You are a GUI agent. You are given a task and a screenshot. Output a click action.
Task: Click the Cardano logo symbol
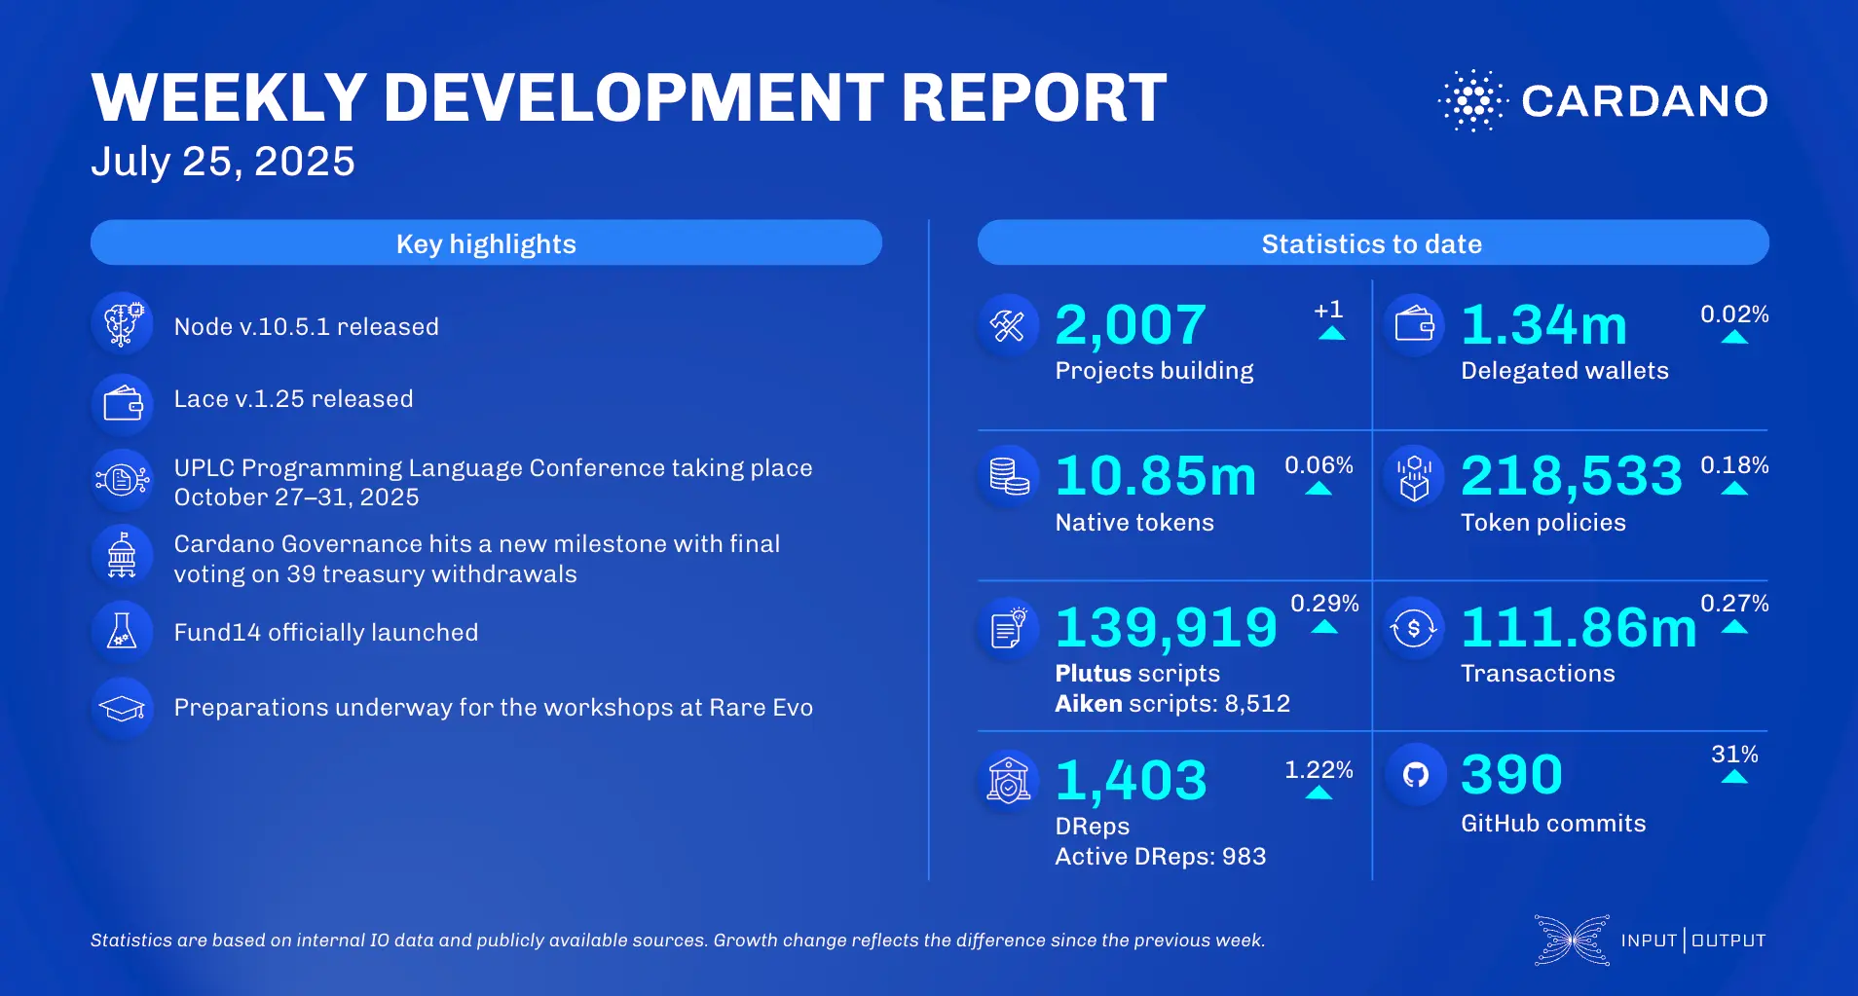[x=1472, y=100]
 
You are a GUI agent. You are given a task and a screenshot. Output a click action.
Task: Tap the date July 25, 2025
[x=223, y=162]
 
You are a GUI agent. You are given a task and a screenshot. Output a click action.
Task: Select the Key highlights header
[x=486, y=243]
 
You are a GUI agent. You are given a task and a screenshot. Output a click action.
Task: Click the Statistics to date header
[x=1372, y=243]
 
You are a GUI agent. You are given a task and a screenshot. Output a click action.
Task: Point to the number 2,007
[x=1131, y=325]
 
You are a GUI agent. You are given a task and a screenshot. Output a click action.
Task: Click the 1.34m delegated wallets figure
[x=1543, y=325]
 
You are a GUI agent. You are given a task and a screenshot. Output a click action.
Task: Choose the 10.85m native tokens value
[x=1156, y=476]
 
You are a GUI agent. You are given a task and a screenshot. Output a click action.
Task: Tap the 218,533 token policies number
[x=1571, y=476]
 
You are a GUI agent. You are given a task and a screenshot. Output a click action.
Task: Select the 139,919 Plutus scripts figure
[x=1166, y=627]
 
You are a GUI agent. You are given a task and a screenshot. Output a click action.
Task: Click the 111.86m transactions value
[x=1579, y=627]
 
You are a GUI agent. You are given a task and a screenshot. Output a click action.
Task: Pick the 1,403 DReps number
[x=1131, y=780]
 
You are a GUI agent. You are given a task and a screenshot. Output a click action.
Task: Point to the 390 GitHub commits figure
[x=1511, y=775]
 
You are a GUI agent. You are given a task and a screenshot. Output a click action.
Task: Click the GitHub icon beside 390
[x=1415, y=775]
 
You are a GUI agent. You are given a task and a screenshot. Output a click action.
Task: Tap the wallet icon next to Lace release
[x=123, y=402]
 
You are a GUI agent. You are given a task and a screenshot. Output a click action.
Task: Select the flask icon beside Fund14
[x=122, y=632]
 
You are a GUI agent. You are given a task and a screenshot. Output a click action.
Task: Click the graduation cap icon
[x=122, y=708]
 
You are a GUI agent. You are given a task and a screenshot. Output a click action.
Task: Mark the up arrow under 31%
[x=1734, y=777]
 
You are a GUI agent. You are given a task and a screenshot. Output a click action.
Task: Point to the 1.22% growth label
[x=1319, y=770]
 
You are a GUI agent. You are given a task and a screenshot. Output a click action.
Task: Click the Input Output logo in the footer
[x=1651, y=941]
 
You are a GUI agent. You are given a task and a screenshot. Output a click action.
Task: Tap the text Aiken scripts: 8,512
[x=1172, y=704]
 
